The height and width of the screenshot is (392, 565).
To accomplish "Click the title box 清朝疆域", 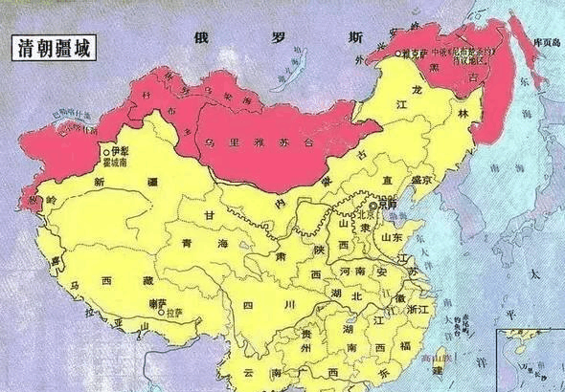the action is click(x=51, y=48).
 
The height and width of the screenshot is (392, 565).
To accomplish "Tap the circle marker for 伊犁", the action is click(x=105, y=151).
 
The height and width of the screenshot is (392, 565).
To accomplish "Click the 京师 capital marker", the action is click(x=373, y=204).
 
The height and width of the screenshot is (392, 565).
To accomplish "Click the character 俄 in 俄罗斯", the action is click(x=201, y=38).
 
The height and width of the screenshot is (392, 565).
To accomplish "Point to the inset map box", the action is click(x=530, y=359).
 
